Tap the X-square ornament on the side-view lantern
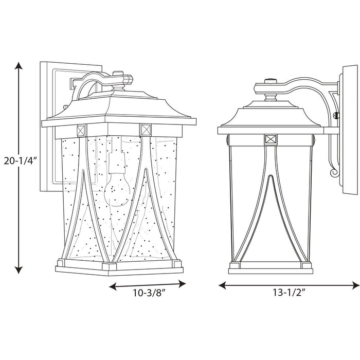(271, 138)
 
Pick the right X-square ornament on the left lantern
(145, 129)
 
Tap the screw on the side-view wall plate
(337, 116)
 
